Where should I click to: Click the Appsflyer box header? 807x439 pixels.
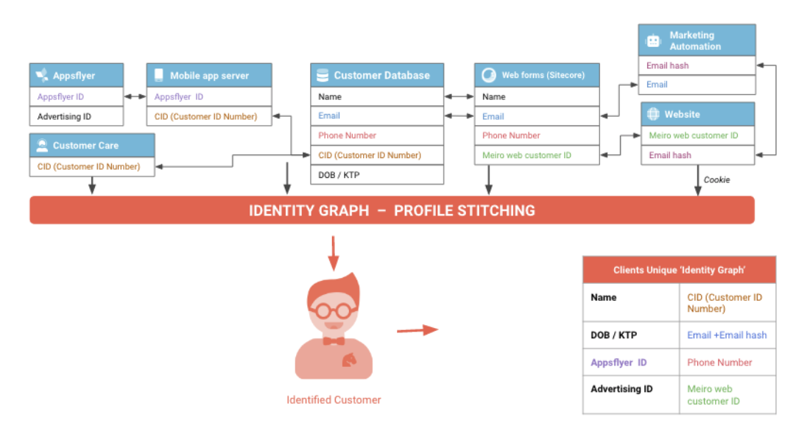click(76, 75)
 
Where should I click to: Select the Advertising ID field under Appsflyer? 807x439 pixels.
click(76, 117)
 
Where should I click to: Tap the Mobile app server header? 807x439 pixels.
click(209, 75)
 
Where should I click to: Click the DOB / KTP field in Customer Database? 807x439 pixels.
click(377, 175)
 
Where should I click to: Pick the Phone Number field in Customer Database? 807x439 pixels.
click(377, 136)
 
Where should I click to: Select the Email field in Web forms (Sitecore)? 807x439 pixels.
click(537, 117)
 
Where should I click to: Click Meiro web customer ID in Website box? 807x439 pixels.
click(698, 136)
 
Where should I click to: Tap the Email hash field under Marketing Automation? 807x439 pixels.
click(697, 65)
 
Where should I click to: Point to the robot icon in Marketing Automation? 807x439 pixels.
click(653, 40)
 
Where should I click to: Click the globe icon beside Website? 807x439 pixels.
click(653, 114)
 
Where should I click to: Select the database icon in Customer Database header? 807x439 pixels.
click(323, 76)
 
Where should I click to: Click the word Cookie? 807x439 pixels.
click(717, 180)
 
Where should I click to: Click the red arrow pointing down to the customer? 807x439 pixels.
click(334, 254)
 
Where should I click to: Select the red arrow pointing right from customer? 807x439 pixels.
click(417, 330)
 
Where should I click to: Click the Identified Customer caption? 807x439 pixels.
click(334, 400)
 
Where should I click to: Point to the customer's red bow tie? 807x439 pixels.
click(334, 340)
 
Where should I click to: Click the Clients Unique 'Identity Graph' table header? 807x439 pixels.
click(680, 270)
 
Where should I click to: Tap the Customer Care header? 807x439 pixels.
click(92, 146)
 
